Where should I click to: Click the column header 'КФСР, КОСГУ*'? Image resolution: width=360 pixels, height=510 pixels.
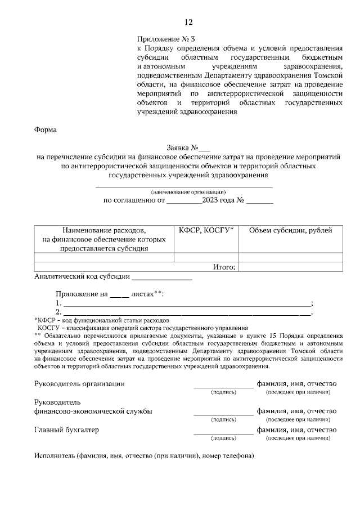[x=206, y=231]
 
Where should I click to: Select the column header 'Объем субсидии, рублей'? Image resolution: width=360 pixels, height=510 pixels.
[x=290, y=231]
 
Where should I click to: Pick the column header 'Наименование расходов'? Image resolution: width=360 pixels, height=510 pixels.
[x=104, y=231]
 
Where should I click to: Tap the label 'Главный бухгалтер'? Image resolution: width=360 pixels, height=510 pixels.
[x=66, y=430]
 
